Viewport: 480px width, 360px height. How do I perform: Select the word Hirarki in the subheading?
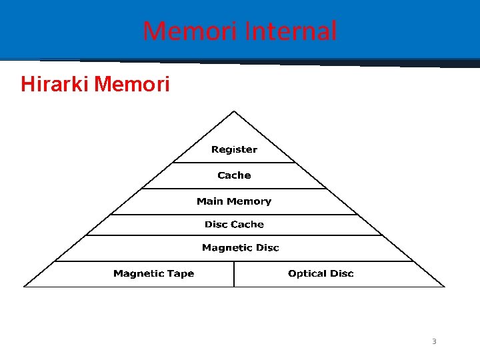[x=55, y=85]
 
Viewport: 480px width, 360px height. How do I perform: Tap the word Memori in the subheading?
[x=133, y=85]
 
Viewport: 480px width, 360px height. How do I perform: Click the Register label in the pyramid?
[x=234, y=149]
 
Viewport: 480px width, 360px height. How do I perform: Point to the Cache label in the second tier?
[x=234, y=175]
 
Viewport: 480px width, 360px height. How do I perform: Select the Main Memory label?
[x=234, y=201]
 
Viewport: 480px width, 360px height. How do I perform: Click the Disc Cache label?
[x=234, y=225]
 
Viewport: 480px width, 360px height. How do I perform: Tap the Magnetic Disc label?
[x=241, y=248]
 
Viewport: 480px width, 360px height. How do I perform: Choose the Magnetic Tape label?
[x=153, y=273]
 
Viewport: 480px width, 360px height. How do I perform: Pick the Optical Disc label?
[x=321, y=273]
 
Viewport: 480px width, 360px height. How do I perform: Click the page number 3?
[x=434, y=341]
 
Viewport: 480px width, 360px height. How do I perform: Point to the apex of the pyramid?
[x=234, y=111]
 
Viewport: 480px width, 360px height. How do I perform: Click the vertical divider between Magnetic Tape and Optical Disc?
[x=234, y=274]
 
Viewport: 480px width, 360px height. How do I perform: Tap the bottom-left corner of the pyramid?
[x=25, y=287]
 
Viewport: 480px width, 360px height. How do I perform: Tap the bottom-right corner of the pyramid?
[x=444, y=287]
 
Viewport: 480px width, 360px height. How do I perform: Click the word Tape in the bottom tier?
[x=181, y=273]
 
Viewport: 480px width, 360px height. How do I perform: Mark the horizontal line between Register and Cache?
[x=234, y=162]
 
